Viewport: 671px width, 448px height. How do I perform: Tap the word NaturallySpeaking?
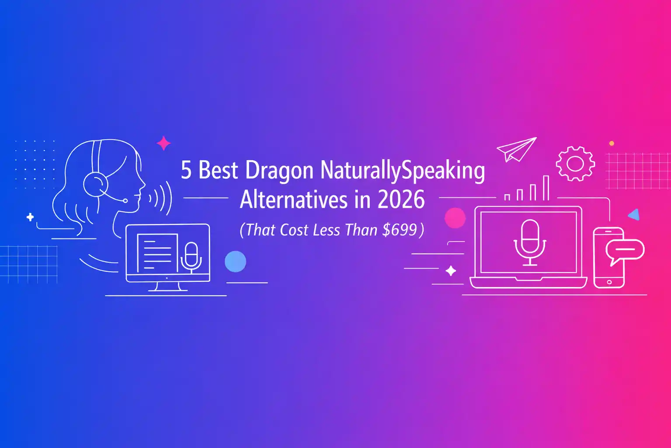pos(402,171)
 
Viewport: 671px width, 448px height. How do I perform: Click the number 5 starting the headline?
pos(186,171)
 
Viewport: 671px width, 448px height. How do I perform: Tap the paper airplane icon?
pos(516,149)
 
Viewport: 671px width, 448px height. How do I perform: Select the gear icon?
pos(575,164)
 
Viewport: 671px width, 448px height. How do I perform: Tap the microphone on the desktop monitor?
pos(191,255)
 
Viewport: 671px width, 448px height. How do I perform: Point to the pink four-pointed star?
pos(164,143)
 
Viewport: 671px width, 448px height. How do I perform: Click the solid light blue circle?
pos(235,261)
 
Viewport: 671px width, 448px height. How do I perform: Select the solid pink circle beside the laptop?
pos(455,217)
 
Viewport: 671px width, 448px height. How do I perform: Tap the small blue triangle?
pos(634,214)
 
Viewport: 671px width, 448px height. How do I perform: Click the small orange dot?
pos(612,143)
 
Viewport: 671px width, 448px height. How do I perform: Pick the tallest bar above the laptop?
pos(546,188)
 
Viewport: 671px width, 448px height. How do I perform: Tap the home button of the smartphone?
pos(609,282)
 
